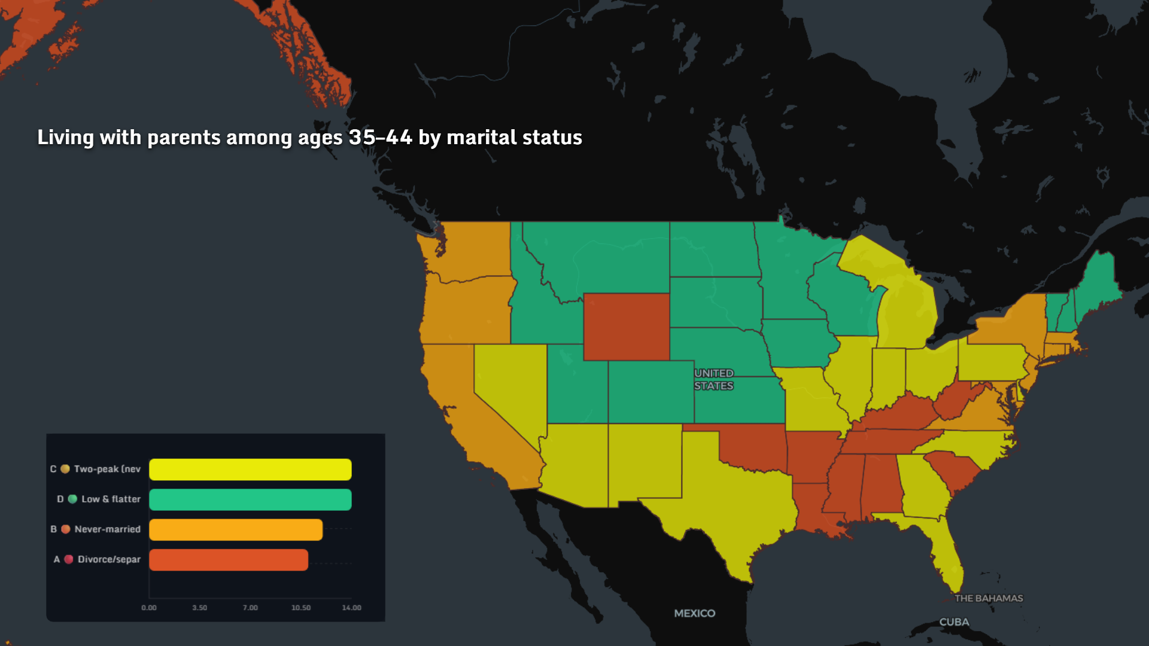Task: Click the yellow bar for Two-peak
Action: pyautogui.click(x=250, y=470)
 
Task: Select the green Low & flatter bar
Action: pyautogui.click(x=250, y=499)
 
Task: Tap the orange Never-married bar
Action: pyautogui.click(x=236, y=530)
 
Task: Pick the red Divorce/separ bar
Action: pyautogui.click(x=229, y=560)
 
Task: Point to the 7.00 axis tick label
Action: pyautogui.click(x=250, y=608)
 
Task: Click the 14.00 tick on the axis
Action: pyautogui.click(x=351, y=608)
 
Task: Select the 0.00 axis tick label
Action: pyautogui.click(x=149, y=608)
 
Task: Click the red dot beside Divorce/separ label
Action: pyautogui.click(x=69, y=559)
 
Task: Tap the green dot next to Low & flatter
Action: pyautogui.click(x=72, y=499)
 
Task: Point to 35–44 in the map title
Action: pyautogui.click(x=381, y=138)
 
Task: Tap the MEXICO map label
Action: pyautogui.click(x=694, y=613)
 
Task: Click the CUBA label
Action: pyautogui.click(x=954, y=622)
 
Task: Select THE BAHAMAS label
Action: pyautogui.click(x=989, y=598)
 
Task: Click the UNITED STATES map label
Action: pyautogui.click(x=714, y=380)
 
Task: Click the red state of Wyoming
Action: pyautogui.click(x=626, y=327)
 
